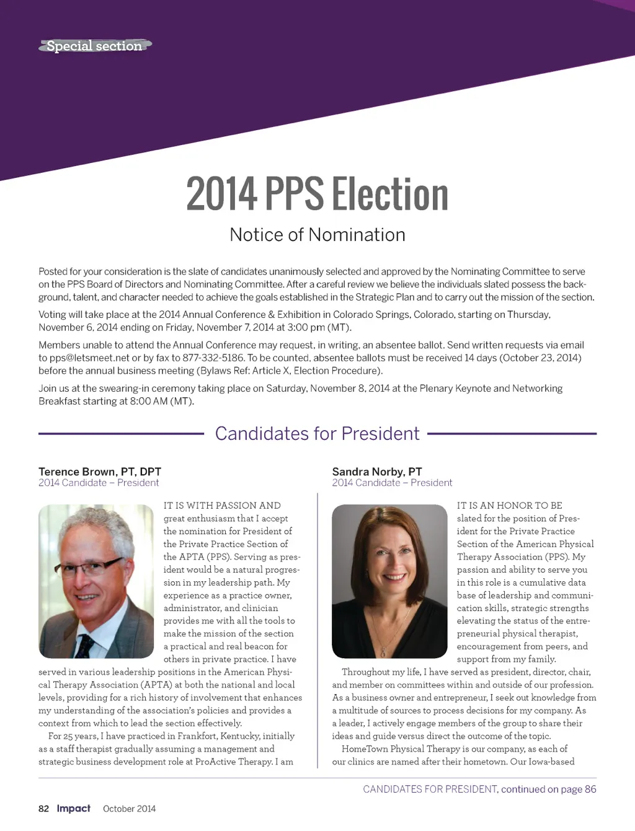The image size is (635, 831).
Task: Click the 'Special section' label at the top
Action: click(94, 46)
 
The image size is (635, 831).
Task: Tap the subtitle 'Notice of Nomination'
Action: click(317, 235)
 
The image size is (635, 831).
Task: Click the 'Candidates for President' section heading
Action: click(317, 433)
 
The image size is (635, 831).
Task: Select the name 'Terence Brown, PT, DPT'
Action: click(100, 472)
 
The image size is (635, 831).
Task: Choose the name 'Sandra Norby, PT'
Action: click(377, 472)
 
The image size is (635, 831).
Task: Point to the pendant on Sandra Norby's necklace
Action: click(384, 653)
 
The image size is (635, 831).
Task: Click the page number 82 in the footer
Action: click(43, 809)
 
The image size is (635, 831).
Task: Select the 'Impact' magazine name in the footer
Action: click(74, 808)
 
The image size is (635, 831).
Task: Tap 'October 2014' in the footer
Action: click(129, 809)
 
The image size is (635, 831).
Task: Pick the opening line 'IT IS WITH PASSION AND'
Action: click(222, 506)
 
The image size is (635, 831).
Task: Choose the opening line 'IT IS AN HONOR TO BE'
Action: click(510, 506)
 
